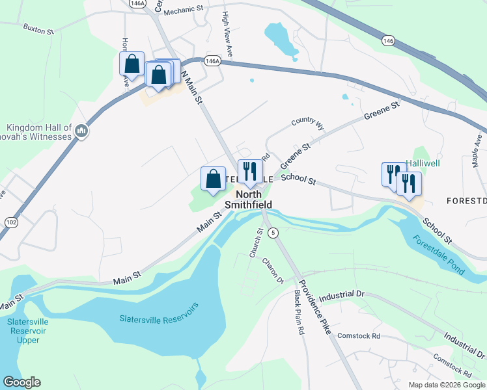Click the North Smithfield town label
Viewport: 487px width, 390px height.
(x=248, y=199)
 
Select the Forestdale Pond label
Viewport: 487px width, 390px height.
(x=438, y=253)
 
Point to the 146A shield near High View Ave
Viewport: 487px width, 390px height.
(x=211, y=60)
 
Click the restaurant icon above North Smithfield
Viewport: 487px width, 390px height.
(x=250, y=172)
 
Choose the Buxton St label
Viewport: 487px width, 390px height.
(x=38, y=28)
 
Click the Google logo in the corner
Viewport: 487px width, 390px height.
(x=21, y=382)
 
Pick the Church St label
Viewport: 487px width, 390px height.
(x=255, y=242)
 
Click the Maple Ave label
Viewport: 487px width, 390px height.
(x=479, y=149)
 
